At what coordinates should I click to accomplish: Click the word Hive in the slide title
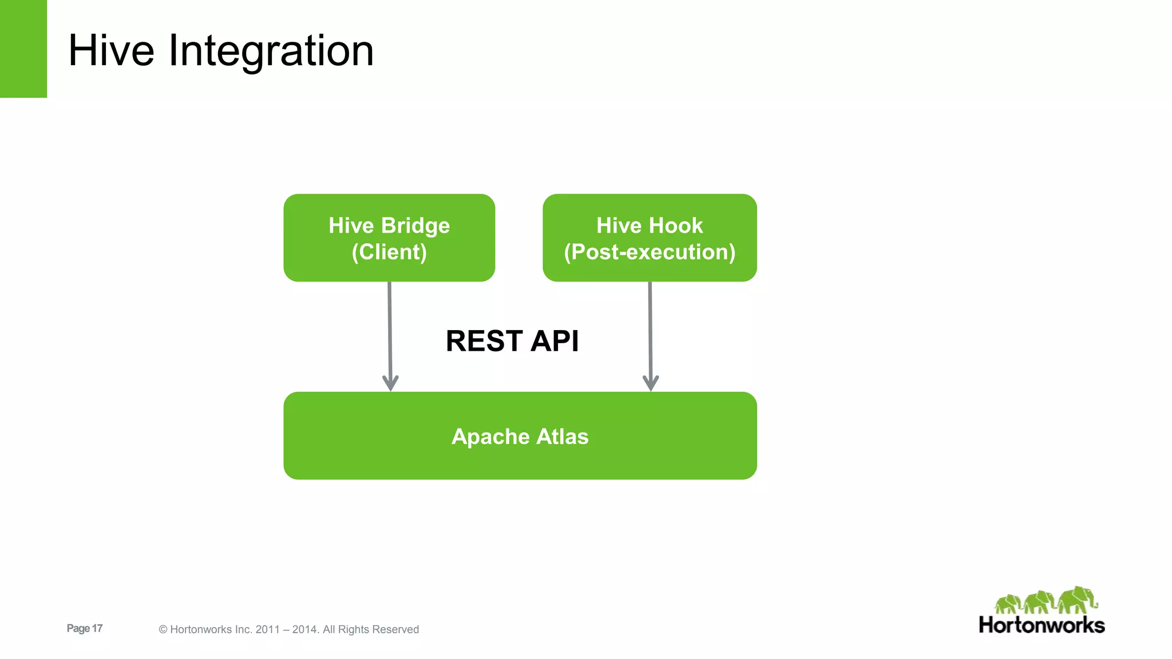(x=111, y=51)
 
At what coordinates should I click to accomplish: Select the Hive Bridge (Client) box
(x=389, y=237)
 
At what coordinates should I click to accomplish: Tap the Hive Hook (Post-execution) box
(x=650, y=237)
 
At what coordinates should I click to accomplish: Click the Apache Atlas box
(x=520, y=435)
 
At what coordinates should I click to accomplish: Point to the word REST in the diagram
(x=484, y=341)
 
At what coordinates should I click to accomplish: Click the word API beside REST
(x=555, y=341)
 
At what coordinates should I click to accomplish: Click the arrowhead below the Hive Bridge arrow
(x=390, y=383)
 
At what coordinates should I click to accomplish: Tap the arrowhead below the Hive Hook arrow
(x=651, y=383)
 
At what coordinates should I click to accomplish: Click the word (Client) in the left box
(x=389, y=252)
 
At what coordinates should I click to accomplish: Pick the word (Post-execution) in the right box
(x=650, y=252)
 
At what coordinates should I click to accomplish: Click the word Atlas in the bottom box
(x=562, y=436)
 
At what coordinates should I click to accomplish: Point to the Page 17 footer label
(x=85, y=628)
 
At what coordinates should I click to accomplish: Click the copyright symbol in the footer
(x=163, y=630)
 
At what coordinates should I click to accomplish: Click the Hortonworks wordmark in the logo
(x=1042, y=625)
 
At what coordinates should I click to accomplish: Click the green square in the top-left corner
(x=23, y=49)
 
